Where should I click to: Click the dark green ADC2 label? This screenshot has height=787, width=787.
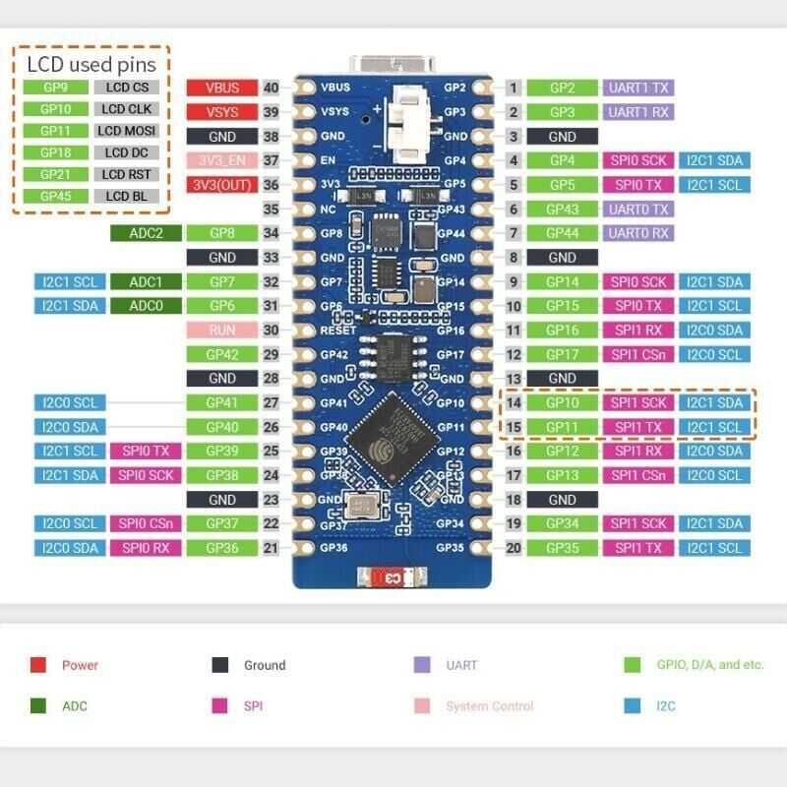146,233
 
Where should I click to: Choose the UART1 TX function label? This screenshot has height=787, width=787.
637,88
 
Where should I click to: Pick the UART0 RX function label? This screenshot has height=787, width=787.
637,233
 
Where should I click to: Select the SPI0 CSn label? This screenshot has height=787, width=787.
146,523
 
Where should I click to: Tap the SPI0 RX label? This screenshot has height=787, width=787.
146,548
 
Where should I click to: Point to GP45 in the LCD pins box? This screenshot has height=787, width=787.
56,196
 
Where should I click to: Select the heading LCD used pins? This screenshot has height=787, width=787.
91,65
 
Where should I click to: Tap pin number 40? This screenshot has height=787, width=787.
272,88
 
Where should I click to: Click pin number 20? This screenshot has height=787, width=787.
513,548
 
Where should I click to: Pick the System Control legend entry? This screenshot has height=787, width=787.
489,706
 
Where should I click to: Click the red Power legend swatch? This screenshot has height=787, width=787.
38,665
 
